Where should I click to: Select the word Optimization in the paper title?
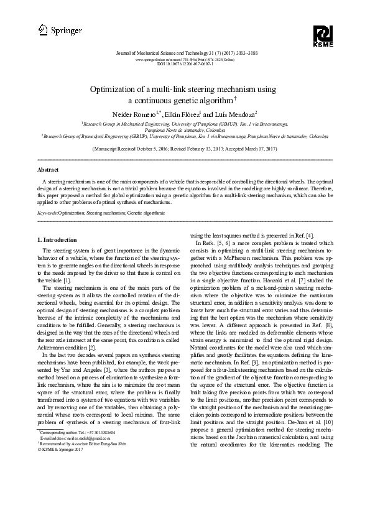pyautogui.click(x=123, y=90)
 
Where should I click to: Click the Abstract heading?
pyautogui.click(x=49, y=169)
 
